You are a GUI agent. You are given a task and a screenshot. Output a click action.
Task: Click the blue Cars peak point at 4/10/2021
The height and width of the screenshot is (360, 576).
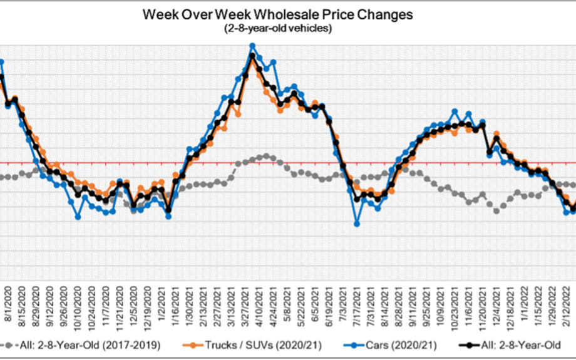[252, 46]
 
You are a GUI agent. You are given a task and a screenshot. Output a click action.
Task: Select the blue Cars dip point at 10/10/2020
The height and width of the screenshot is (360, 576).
[78, 217]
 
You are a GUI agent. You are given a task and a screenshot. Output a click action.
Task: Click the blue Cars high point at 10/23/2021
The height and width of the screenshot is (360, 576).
[455, 111]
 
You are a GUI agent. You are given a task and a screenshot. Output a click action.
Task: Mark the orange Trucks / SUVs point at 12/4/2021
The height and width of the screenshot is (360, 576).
[496, 133]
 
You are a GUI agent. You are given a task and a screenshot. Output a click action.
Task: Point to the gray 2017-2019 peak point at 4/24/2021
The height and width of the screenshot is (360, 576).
[266, 155]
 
